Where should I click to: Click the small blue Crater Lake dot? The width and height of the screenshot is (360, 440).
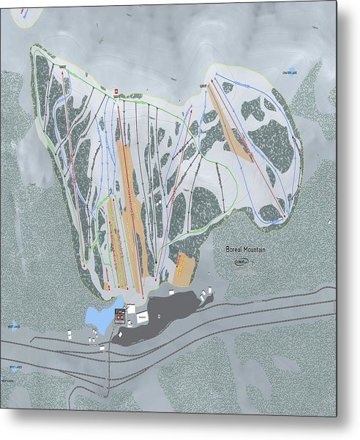point(291,71)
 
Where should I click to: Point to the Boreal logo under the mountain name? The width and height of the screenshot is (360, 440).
point(242,261)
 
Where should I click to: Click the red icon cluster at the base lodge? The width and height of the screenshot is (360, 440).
point(120,311)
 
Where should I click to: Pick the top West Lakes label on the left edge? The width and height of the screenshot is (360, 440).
point(12,326)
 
